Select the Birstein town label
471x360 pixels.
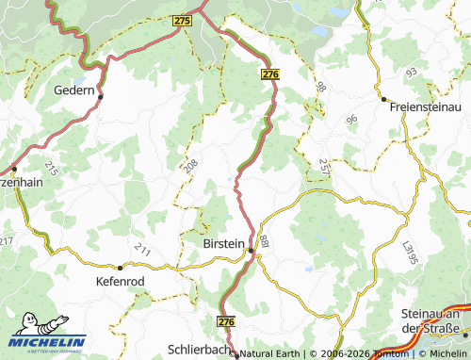[x=223, y=242]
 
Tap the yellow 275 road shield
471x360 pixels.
[x=183, y=20]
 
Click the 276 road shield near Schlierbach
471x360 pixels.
[x=225, y=322]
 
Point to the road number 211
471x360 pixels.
[x=142, y=250]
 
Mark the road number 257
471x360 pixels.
[x=324, y=168]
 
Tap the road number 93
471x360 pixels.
[x=411, y=73]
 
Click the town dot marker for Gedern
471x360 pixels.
[x=101, y=95]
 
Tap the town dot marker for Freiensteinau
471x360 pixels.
[x=383, y=98]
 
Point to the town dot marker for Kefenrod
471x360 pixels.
[x=120, y=268]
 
